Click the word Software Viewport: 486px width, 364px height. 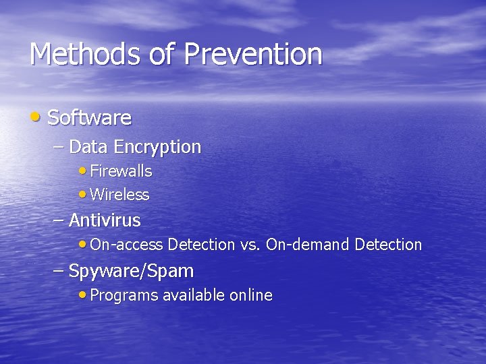coord(90,118)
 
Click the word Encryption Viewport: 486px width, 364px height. coord(157,147)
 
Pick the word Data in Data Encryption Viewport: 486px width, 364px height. coord(89,147)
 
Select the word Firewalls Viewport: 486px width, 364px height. coord(121,172)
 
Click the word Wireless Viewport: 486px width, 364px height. coord(119,195)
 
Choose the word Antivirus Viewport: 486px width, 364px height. coord(105,220)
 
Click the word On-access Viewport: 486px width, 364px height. coord(126,245)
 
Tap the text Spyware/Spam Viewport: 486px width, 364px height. coord(132,272)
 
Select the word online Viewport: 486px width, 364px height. coord(251,295)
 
